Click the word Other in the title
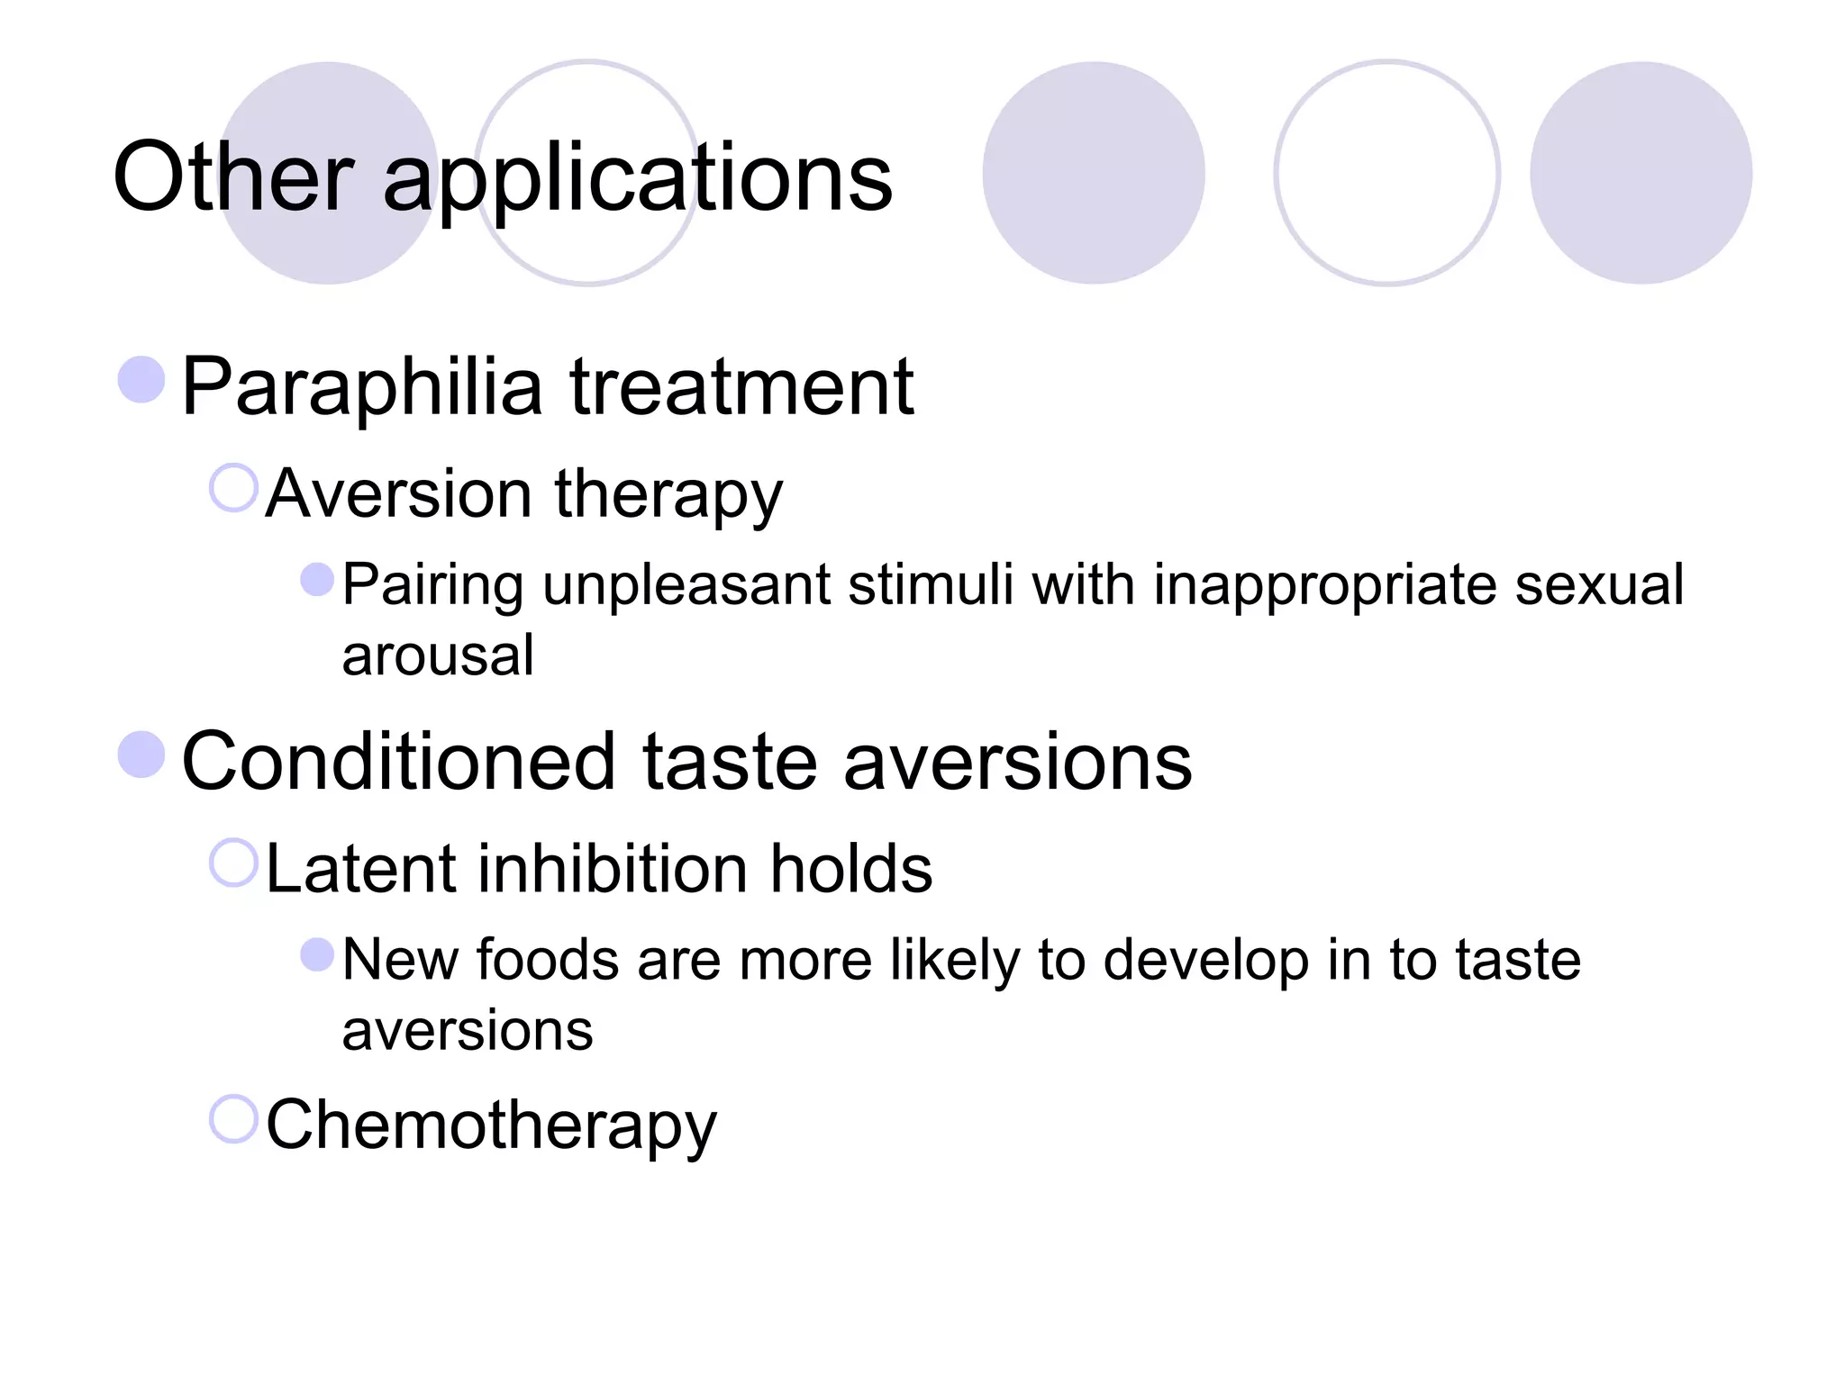point(232,177)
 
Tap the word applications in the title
point(638,180)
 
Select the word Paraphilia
point(361,388)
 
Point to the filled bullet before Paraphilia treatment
point(141,379)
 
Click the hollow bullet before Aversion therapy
point(234,488)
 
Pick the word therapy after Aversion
point(668,495)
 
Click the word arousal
point(438,655)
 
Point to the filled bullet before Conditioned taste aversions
point(141,754)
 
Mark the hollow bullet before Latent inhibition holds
point(234,863)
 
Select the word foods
point(547,959)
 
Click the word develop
point(1205,961)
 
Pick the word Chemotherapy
point(491,1125)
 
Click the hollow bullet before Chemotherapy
point(234,1119)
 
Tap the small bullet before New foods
point(317,954)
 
